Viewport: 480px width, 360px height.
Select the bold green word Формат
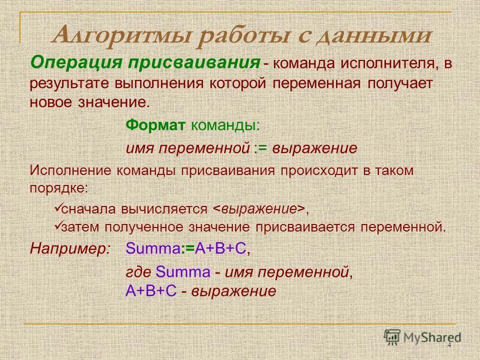155,124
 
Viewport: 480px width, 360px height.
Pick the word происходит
316,169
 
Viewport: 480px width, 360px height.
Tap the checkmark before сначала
57,206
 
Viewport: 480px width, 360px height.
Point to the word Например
70,248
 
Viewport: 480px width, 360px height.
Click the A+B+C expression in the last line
151,291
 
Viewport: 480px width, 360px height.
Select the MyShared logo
422,337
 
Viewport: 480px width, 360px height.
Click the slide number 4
449,346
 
